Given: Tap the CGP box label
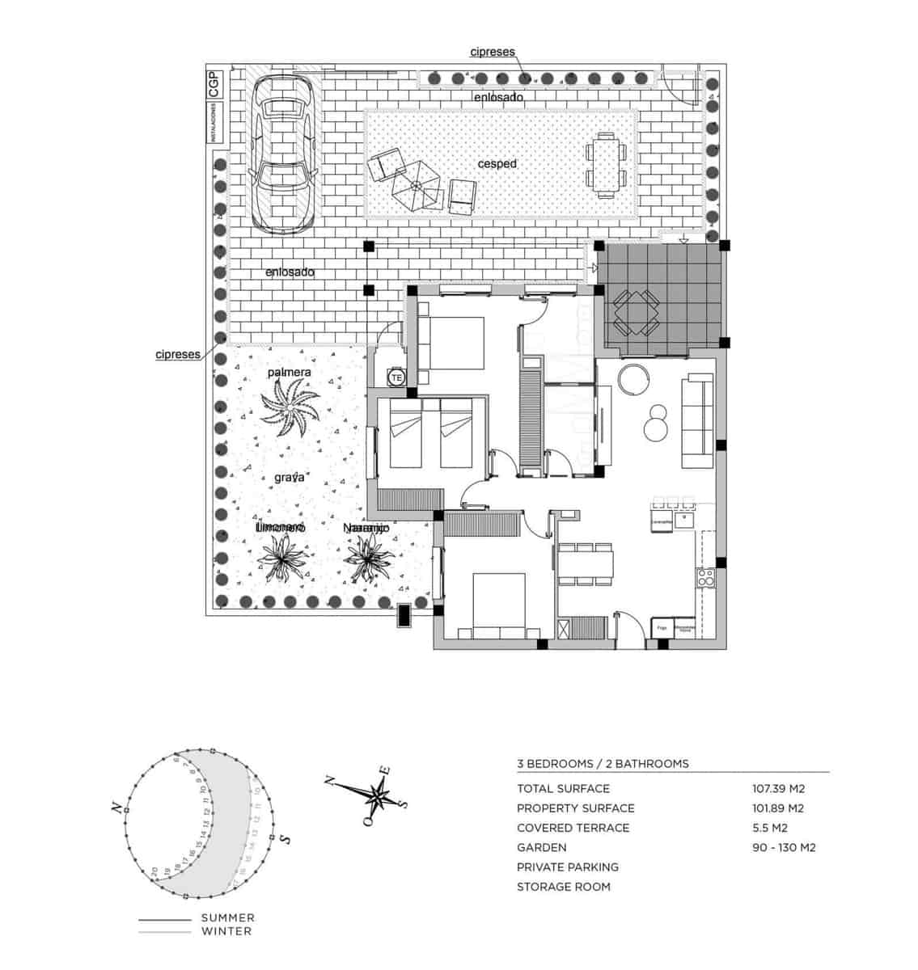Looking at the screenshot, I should click(x=214, y=85).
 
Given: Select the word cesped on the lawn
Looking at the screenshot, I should click(x=497, y=163).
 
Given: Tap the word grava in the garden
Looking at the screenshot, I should click(x=289, y=478).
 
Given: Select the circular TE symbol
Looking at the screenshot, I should click(x=396, y=377).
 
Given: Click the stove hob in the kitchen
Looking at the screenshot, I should click(x=705, y=578).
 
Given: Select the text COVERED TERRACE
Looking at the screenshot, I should click(x=573, y=828).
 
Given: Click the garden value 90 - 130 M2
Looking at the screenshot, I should click(x=783, y=847).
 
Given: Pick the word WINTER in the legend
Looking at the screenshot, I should click(x=227, y=931).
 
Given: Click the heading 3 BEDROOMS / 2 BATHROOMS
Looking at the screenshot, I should click(x=603, y=763).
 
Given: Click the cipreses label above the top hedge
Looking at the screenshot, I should click(x=493, y=52).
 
